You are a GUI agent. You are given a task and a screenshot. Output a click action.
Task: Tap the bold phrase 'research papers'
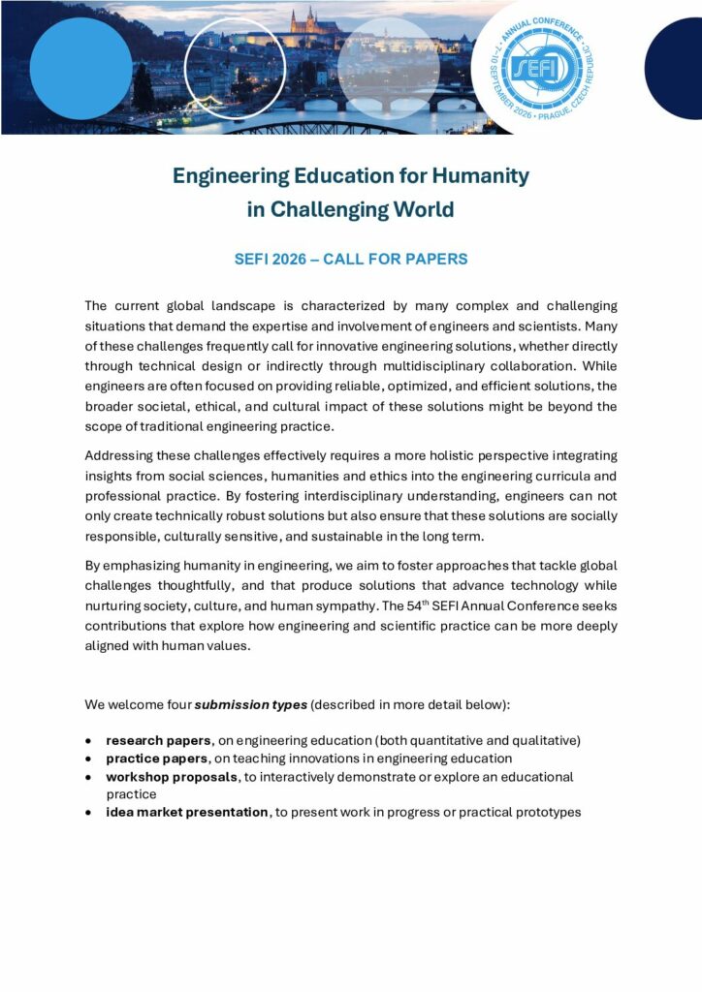click(x=158, y=740)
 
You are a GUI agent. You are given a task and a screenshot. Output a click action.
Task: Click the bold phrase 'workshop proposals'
click(x=172, y=777)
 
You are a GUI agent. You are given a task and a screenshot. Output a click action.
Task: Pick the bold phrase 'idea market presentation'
click(x=187, y=812)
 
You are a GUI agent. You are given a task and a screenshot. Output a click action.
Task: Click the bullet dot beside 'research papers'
click(x=90, y=741)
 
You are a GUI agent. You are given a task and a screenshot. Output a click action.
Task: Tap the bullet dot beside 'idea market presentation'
click(x=90, y=813)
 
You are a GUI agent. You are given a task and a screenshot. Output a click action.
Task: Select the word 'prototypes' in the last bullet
click(x=548, y=812)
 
